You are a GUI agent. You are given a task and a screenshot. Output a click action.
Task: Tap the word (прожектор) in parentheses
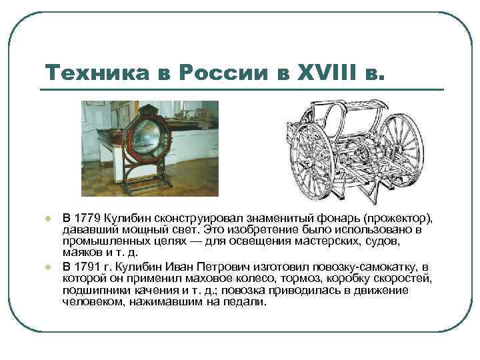click(x=398, y=219)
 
